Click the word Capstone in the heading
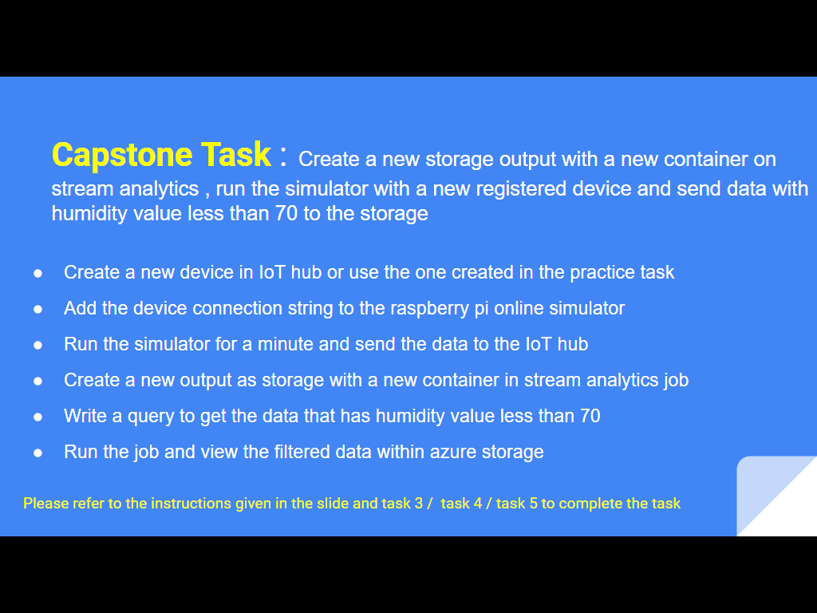click(x=122, y=156)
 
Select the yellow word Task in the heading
click(x=236, y=154)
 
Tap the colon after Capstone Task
click(x=283, y=156)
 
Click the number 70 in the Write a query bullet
click(x=590, y=416)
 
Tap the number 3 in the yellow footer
click(x=418, y=504)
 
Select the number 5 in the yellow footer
click(x=534, y=504)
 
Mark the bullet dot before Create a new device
click(x=37, y=273)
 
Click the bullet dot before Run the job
click(x=37, y=453)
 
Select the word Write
click(x=85, y=416)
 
